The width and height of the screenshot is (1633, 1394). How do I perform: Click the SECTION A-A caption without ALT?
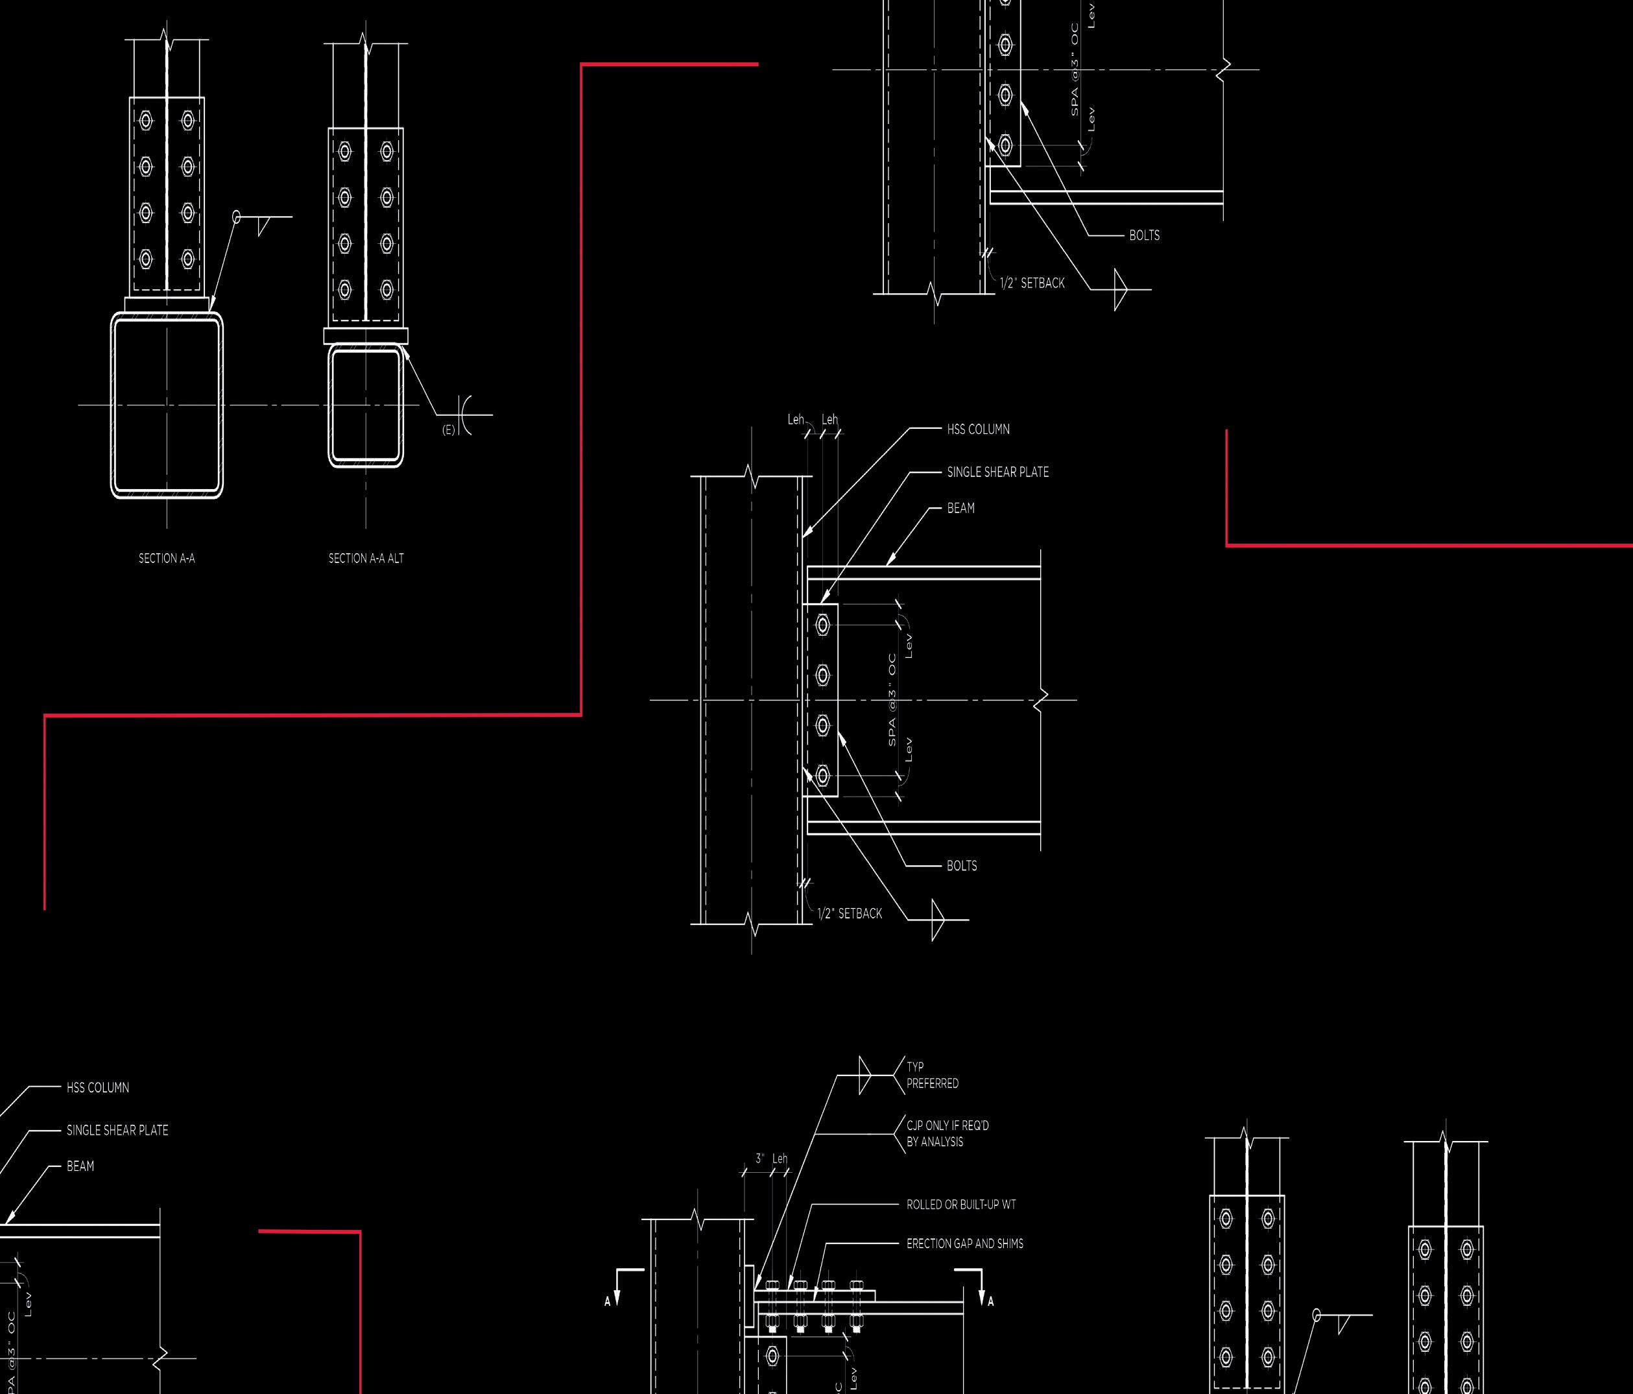[166, 559]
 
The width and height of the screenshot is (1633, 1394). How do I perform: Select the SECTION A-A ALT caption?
[366, 559]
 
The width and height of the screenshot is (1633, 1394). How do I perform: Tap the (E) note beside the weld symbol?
[448, 429]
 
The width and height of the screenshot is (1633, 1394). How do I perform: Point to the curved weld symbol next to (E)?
[465, 415]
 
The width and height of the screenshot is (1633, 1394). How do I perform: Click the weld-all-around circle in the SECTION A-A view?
[237, 217]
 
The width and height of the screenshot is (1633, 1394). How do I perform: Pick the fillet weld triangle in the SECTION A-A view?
[263, 226]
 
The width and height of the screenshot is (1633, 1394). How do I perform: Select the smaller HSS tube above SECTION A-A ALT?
[366, 405]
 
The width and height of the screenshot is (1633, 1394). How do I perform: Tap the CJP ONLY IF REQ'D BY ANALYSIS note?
[947, 1133]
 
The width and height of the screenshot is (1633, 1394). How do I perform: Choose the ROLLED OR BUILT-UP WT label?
[960, 1205]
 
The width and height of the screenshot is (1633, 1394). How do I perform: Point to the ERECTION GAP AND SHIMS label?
[964, 1244]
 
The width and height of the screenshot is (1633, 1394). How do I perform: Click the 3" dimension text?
[760, 1159]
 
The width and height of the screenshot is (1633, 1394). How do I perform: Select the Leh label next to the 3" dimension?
[780, 1159]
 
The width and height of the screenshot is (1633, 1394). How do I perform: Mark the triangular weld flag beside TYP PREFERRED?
[864, 1076]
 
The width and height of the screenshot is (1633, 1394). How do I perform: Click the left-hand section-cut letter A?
[608, 1302]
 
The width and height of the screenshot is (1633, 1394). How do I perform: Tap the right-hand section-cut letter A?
[991, 1302]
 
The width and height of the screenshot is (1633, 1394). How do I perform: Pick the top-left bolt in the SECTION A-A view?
[146, 121]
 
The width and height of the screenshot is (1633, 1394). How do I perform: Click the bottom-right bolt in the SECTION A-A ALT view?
[386, 289]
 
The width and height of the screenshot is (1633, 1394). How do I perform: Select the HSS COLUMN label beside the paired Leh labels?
[978, 429]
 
